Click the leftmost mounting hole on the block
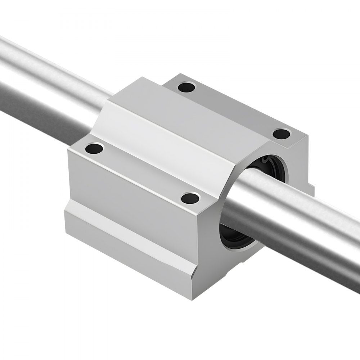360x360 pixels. click(x=94, y=148)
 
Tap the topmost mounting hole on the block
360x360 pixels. click(x=187, y=87)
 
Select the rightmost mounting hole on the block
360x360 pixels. click(x=281, y=134)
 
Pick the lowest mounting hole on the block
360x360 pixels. click(x=190, y=197)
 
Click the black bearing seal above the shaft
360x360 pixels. click(x=268, y=162)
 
